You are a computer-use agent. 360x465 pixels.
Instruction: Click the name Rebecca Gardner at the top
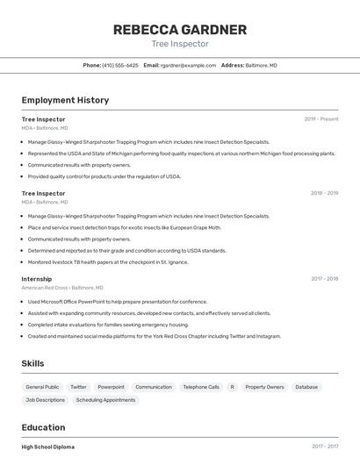179,30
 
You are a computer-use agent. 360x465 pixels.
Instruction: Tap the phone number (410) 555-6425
120,65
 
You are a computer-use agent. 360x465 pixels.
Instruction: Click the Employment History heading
65,100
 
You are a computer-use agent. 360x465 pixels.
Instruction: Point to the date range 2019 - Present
321,119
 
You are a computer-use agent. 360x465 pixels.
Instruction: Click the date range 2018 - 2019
324,193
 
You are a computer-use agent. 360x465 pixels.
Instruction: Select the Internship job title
37,279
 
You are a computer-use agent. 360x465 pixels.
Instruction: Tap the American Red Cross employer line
62,288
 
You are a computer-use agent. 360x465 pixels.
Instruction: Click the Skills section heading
32,363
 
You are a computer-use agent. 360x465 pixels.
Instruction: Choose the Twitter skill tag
78,387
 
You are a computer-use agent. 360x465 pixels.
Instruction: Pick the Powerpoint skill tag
111,387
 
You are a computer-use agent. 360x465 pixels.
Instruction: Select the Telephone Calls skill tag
201,387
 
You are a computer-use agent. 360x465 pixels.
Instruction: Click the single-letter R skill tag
233,387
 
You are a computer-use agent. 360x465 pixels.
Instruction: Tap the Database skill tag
306,387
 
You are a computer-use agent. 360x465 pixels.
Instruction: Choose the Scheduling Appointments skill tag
105,400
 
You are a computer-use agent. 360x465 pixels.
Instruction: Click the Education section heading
44,427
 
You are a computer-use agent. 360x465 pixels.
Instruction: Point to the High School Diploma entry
48,447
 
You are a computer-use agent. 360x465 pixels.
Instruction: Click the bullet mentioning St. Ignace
108,261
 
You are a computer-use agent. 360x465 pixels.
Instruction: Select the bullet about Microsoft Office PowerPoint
118,301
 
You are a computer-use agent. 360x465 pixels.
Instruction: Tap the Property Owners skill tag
264,387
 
